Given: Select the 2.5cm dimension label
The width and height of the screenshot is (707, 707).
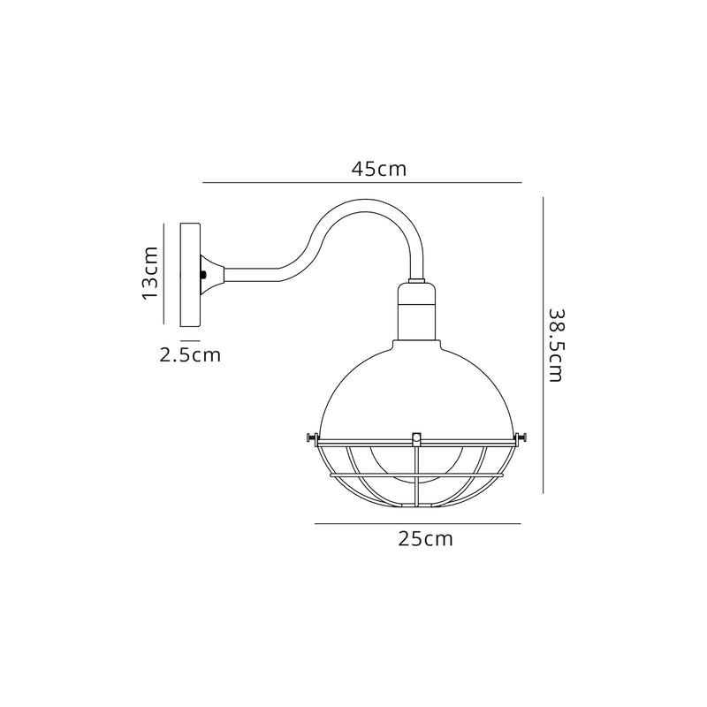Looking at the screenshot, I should (x=190, y=355).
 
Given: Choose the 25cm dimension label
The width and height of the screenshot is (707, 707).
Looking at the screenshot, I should (x=425, y=539).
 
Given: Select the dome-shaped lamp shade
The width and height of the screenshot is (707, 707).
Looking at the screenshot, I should (x=415, y=389).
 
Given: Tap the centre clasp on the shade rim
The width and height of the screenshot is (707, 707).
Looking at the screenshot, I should (x=416, y=436).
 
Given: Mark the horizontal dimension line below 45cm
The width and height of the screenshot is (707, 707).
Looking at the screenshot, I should (x=362, y=183).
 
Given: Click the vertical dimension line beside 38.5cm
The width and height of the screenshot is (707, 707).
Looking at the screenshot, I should (x=542, y=345).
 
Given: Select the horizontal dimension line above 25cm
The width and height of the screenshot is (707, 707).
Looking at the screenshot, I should (x=417, y=523).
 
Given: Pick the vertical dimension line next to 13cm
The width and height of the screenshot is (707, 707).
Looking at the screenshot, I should (x=164, y=272).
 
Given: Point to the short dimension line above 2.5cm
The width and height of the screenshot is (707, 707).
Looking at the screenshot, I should (x=190, y=340).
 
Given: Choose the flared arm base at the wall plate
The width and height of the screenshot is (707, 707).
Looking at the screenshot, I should (x=217, y=276).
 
